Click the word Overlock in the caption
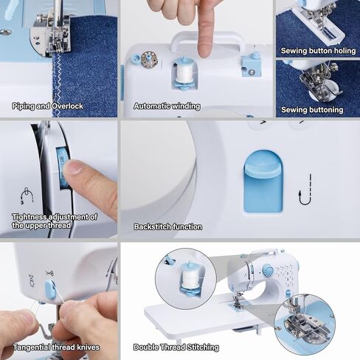[x=67, y=106]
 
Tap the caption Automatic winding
[x=167, y=106]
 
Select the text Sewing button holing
[x=318, y=51]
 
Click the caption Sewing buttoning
[x=312, y=110]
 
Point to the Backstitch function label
[x=168, y=226]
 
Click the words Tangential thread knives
[x=56, y=347]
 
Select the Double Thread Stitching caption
[x=176, y=347]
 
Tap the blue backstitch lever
[x=263, y=181]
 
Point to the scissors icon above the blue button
[x=49, y=273]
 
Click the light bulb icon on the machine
[x=32, y=280]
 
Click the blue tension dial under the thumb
[x=61, y=168]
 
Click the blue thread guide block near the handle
[x=251, y=66]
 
